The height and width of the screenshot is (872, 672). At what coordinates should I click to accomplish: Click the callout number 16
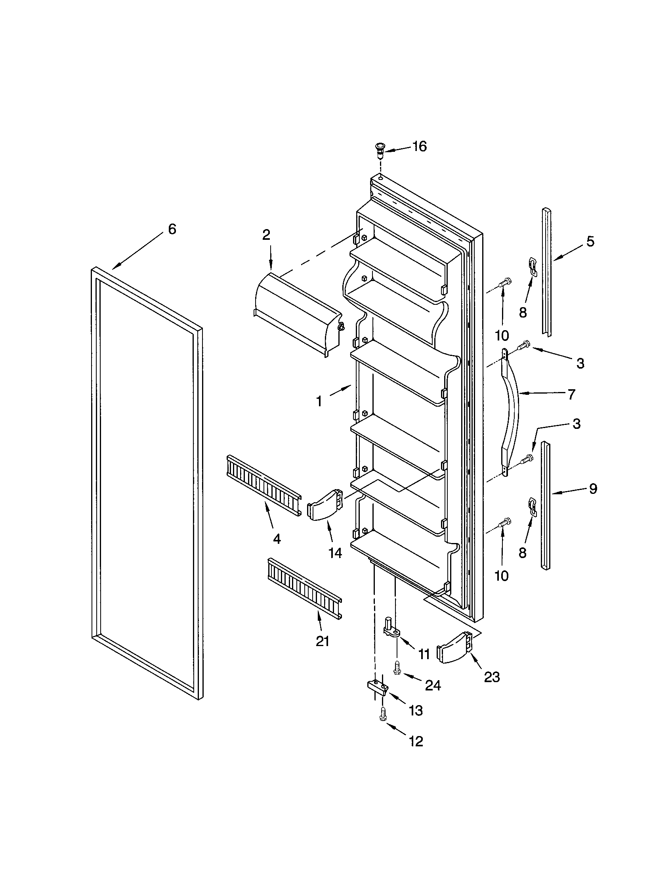(x=419, y=147)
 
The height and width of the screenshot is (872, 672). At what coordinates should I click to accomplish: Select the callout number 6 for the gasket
(x=172, y=229)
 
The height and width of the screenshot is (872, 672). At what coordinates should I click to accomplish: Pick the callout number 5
(x=590, y=241)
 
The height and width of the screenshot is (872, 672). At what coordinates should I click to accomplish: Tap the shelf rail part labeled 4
(x=263, y=485)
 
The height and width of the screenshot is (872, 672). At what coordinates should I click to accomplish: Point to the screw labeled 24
(x=397, y=667)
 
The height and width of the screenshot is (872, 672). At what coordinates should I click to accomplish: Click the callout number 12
(x=415, y=742)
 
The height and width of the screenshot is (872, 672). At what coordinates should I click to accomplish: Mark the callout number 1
(x=319, y=401)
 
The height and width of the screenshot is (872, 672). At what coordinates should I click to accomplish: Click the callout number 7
(x=571, y=394)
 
